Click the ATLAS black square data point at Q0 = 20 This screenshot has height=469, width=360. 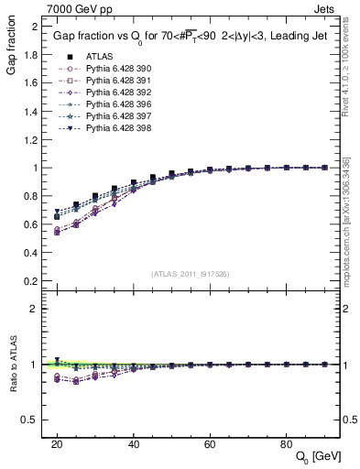(x=57, y=217)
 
